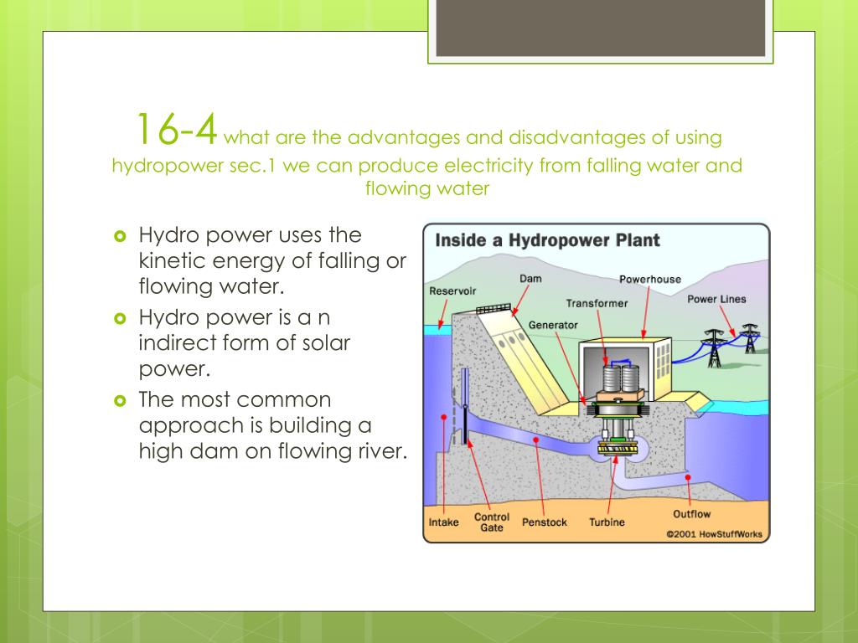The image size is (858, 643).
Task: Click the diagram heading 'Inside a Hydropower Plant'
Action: (x=547, y=240)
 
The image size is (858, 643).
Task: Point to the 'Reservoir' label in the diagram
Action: (x=452, y=291)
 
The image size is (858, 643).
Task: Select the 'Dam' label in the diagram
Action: (x=530, y=278)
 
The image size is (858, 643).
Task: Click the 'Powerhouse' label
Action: (x=650, y=279)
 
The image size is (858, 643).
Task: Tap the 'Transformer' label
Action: (x=597, y=303)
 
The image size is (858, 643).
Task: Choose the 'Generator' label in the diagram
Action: (x=553, y=324)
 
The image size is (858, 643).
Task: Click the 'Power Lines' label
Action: (x=716, y=299)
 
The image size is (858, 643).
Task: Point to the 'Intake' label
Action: (x=444, y=522)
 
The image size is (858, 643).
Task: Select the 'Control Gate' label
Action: (x=492, y=522)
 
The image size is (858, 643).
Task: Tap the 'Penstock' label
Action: (x=545, y=522)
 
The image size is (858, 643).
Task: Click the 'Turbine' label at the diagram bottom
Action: (x=607, y=522)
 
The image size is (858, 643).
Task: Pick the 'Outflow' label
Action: (x=691, y=514)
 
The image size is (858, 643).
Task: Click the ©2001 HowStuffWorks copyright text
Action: (x=714, y=533)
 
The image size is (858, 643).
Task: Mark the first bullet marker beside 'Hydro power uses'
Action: (x=118, y=235)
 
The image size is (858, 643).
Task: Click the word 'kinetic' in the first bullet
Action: (x=172, y=260)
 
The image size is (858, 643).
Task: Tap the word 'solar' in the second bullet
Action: (x=322, y=342)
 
